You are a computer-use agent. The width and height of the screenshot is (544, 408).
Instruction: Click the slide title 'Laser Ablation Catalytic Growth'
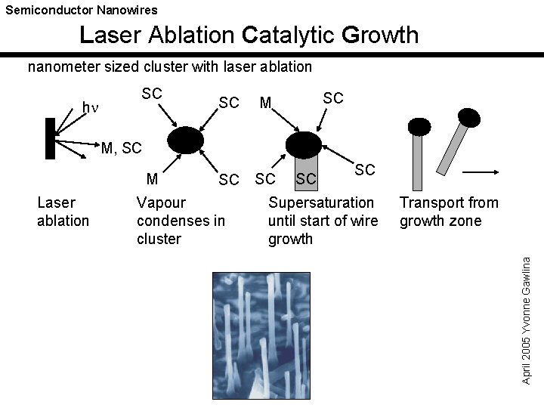249,35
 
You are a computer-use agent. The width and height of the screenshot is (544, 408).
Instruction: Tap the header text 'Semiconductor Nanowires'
82,10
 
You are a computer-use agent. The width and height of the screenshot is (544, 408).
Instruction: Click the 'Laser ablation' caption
63,212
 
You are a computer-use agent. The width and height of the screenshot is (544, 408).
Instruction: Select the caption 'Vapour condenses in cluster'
181,221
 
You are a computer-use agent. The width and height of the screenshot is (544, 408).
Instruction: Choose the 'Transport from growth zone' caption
449,212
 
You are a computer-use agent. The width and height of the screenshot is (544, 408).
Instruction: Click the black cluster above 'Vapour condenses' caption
185,141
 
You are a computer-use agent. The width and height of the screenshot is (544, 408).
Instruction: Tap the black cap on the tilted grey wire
470,116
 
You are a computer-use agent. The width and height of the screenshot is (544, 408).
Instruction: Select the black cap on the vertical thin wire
417,126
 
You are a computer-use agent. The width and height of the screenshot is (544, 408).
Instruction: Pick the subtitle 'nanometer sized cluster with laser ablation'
170,66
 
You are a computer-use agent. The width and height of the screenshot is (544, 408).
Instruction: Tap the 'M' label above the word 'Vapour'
152,179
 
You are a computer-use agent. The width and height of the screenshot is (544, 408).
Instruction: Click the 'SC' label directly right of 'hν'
153,93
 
